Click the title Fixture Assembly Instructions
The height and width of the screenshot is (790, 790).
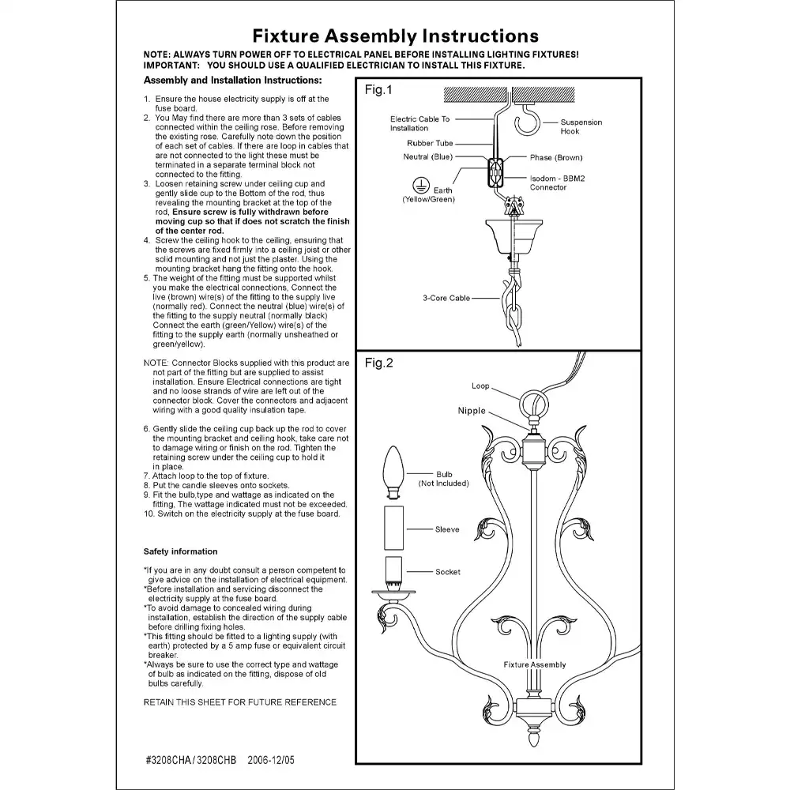pos(395,36)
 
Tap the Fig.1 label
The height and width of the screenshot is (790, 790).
pos(378,90)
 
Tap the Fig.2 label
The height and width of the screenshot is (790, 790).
pos(378,363)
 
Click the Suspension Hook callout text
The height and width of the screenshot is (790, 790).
pos(581,126)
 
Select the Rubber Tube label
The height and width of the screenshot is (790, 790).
pos(430,144)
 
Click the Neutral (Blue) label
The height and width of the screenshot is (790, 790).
pos(427,157)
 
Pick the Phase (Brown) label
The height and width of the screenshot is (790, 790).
pos(556,158)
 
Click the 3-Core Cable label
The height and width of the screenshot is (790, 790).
pos(447,299)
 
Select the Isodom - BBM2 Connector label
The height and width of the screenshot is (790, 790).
pos(559,183)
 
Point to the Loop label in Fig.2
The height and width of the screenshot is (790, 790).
pos(480,386)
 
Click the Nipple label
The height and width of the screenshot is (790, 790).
pos(472,411)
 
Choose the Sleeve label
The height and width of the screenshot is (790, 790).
pos(447,529)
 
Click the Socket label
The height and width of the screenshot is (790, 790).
pos(448,572)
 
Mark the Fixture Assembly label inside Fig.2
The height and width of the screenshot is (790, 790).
pos(535,665)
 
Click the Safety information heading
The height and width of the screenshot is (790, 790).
pos(180,551)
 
